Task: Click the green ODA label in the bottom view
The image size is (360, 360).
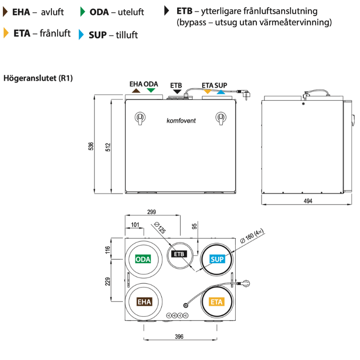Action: tap(143, 259)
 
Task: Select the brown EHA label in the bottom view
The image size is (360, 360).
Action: tap(144, 302)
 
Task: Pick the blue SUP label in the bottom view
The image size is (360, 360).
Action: tap(217, 259)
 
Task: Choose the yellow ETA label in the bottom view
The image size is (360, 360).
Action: tap(216, 302)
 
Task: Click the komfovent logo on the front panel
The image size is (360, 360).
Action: tap(181, 120)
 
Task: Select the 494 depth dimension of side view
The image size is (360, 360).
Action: tap(308, 201)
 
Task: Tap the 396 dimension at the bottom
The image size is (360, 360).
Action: tap(179, 337)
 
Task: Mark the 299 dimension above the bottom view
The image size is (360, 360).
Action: tap(152, 212)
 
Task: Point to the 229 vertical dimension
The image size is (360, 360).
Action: tap(108, 281)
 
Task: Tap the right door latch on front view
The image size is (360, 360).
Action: tap(221, 118)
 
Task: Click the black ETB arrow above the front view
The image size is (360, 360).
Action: tap(177, 91)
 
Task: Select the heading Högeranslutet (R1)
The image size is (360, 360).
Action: tap(38, 78)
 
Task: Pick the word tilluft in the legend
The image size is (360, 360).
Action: tap(127, 35)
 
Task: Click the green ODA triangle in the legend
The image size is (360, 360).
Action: tap(84, 11)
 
